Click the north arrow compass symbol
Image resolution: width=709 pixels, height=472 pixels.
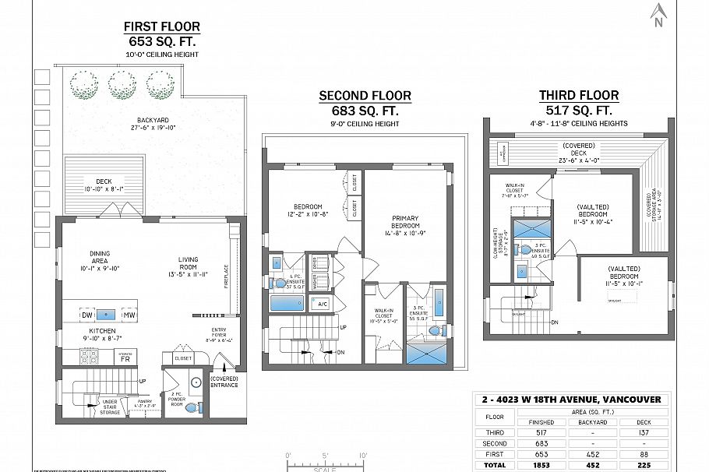click(x=659, y=13)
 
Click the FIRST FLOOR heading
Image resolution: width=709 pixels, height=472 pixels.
click(x=161, y=26)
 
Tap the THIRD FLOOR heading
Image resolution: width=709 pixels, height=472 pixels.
click(x=579, y=95)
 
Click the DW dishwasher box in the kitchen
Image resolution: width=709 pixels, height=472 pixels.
click(x=87, y=315)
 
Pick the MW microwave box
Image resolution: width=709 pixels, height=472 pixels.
click(x=129, y=315)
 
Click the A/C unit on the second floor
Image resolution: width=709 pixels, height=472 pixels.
click(x=322, y=304)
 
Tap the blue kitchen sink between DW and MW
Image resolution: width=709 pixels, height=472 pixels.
click(x=108, y=315)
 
